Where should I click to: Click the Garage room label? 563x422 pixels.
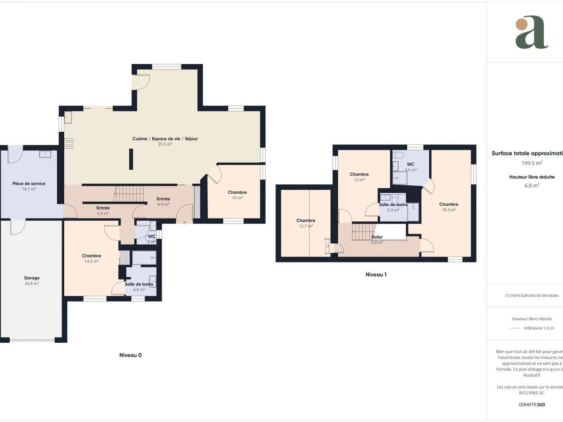tap(32, 278)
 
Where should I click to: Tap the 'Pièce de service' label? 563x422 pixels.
tap(29, 184)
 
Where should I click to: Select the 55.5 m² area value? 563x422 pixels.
tap(165, 144)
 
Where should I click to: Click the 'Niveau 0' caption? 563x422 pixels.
tap(130, 355)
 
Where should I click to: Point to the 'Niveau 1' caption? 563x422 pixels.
tap(376, 275)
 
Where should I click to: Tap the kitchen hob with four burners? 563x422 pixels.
tap(68, 143)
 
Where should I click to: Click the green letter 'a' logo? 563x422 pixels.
tap(532, 32)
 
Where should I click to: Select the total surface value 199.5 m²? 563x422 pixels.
tap(532, 163)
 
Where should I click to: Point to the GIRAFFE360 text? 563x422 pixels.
tap(532, 404)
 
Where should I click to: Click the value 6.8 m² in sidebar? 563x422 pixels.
tap(532, 185)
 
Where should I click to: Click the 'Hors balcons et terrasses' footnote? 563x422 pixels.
tap(532, 295)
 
